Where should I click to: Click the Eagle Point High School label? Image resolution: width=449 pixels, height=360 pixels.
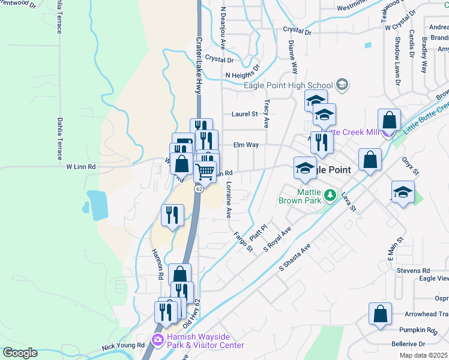(288, 85)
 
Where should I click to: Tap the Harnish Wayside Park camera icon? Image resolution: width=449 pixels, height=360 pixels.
(158, 340)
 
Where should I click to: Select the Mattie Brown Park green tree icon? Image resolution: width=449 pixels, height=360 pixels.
(330, 195)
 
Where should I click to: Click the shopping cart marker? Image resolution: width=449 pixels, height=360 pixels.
(205, 172)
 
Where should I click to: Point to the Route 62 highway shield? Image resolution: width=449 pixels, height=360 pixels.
(198, 188)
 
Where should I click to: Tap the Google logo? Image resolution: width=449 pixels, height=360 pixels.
(19, 353)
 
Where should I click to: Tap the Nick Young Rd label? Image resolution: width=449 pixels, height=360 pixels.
(123, 346)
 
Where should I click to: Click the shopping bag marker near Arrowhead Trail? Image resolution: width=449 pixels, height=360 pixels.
(381, 314)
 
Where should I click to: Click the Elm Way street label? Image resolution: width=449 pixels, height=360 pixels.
(246, 145)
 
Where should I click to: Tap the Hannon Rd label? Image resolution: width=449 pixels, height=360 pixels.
(159, 265)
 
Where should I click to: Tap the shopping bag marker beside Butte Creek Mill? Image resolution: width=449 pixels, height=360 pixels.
(389, 120)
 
